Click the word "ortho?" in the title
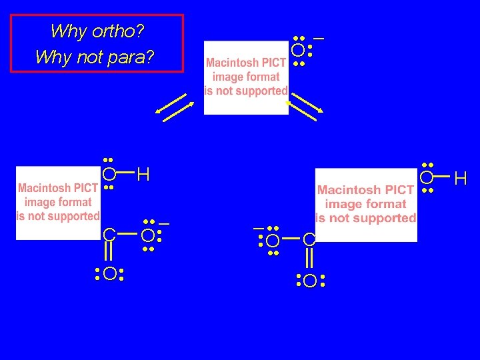[121, 31]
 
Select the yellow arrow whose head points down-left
[171, 107]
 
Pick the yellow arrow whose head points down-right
[307, 107]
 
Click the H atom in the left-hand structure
[143, 175]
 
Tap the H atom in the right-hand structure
[461, 178]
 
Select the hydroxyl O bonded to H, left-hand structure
[109, 175]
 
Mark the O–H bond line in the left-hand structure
[125, 175]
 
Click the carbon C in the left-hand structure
[109, 235]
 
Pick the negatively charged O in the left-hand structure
[147, 235]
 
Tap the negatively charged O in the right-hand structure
[272, 240]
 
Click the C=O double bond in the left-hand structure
[109, 254]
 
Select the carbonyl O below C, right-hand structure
[309, 281]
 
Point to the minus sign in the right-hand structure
[258, 228]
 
